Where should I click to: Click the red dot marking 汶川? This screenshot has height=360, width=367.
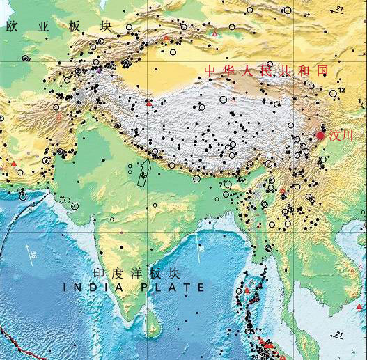320,134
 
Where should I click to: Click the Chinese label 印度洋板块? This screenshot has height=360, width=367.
136,274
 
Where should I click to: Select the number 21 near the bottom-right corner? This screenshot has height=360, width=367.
339,335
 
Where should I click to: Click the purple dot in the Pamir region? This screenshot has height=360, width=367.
100,70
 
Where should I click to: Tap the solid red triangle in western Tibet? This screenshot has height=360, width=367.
148,103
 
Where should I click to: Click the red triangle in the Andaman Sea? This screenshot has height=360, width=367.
247,290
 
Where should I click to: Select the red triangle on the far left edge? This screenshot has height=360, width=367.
13,163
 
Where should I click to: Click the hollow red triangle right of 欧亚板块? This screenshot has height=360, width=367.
166,37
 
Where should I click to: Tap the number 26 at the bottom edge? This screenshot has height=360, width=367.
255,356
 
